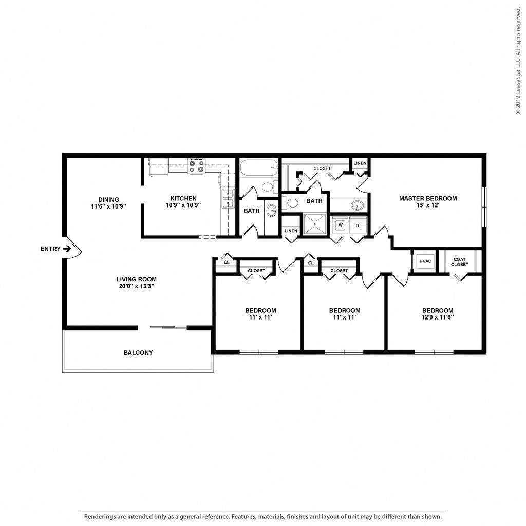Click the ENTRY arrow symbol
[67, 249]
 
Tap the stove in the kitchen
[196, 166]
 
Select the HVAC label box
[425, 261]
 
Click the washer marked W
[340, 225]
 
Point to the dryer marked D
[358, 225]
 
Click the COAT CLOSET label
[459, 262]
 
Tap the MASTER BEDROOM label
[428, 198]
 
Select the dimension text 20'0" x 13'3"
[137, 286]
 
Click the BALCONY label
[138, 352]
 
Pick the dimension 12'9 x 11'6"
[438, 317]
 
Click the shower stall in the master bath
[315, 224]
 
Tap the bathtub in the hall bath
[259, 167]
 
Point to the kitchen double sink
[228, 198]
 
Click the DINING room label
[108, 200]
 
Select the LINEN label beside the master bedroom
[360, 163]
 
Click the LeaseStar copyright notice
[519, 58]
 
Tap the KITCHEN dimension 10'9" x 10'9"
[183, 205]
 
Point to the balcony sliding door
[168, 327]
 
